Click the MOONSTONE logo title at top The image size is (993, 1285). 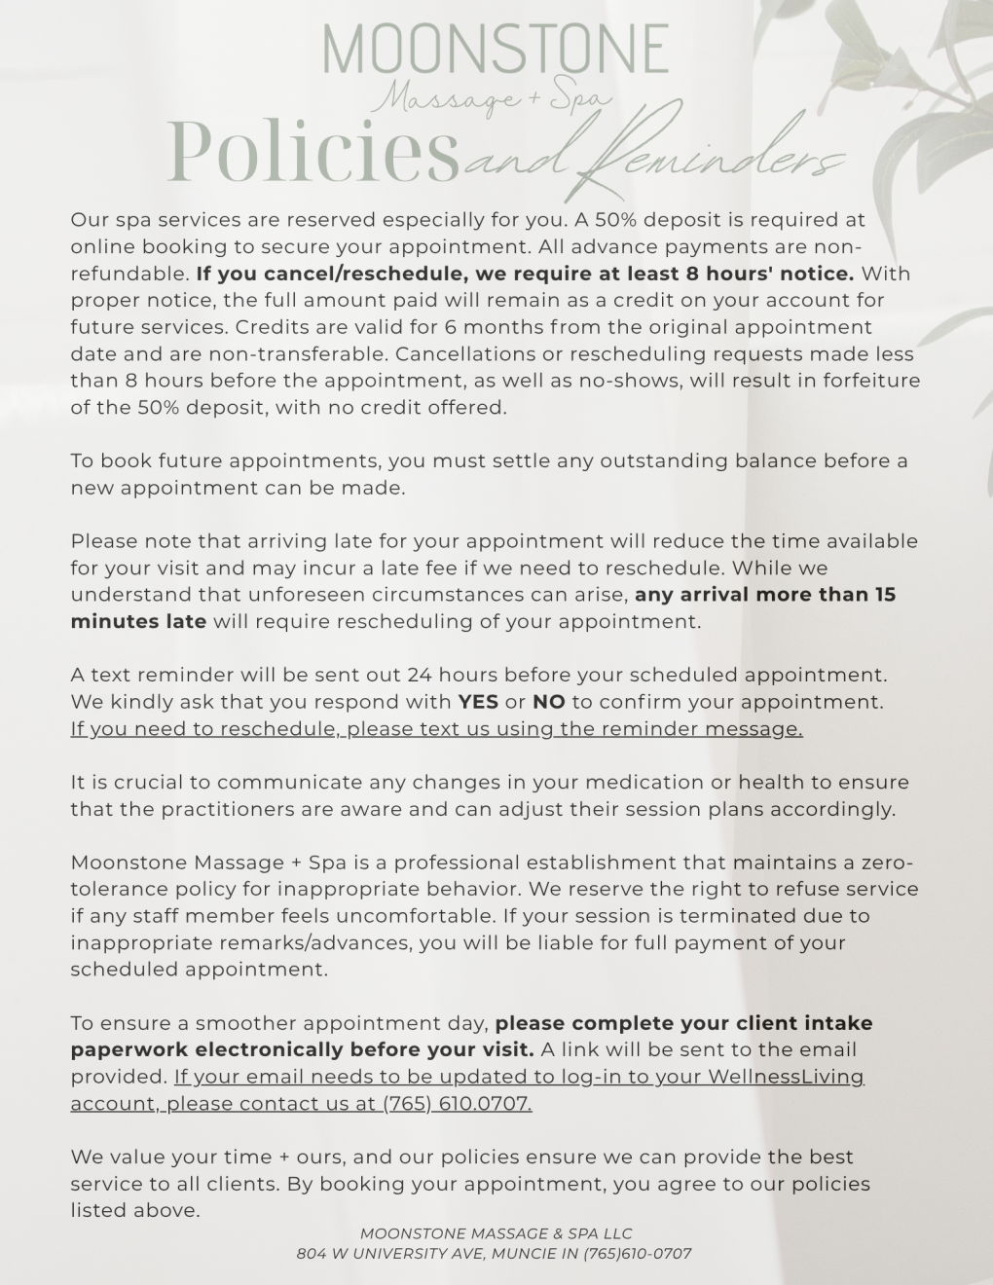(495, 49)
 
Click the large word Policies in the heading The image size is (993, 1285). (313, 152)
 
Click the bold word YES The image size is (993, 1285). (478, 702)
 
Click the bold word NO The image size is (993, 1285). (549, 702)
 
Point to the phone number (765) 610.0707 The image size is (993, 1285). (457, 1104)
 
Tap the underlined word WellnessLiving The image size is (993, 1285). (786, 1077)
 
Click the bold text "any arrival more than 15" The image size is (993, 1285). (765, 595)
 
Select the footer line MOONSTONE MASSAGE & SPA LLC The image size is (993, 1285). (496, 1233)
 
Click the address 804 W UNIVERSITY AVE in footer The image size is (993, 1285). (389, 1254)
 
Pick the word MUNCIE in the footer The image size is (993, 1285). (523, 1254)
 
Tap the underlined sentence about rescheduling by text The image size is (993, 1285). (436, 729)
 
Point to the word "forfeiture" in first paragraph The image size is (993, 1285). (871, 381)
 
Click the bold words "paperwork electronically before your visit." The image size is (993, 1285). (302, 1050)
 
